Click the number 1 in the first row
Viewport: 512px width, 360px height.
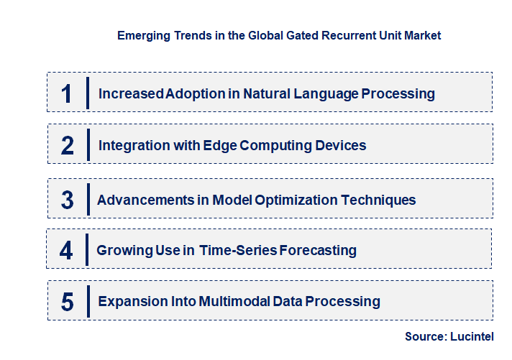click(x=67, y=93)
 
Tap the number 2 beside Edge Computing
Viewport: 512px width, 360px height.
click(x=68, y=146)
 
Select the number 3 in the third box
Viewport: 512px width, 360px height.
click(x=68, y=200)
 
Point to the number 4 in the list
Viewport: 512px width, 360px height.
click(x=66, y=251)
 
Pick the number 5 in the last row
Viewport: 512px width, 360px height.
click(x=68, y=302)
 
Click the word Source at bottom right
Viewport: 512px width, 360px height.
click(x=425, y=336)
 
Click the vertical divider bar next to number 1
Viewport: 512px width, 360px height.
click(x=88, y=93)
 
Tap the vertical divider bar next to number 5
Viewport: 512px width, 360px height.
click(x=88, y=300)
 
